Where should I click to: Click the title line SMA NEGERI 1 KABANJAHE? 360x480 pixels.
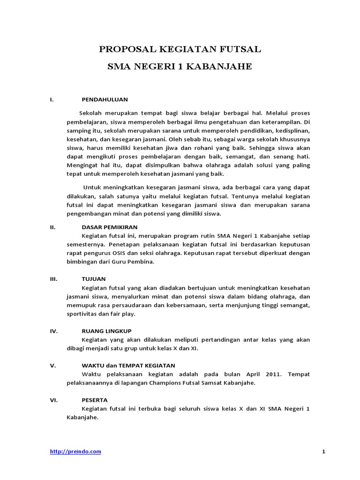180,67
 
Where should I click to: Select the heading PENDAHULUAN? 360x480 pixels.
105,100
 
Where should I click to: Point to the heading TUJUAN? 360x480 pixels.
94,278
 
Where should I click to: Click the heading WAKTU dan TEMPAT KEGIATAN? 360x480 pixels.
128,365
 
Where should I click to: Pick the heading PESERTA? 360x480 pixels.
95,400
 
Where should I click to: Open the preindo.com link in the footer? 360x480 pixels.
75,451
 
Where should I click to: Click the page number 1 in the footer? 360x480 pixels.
323,451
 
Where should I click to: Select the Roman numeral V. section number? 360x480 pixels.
52,365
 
